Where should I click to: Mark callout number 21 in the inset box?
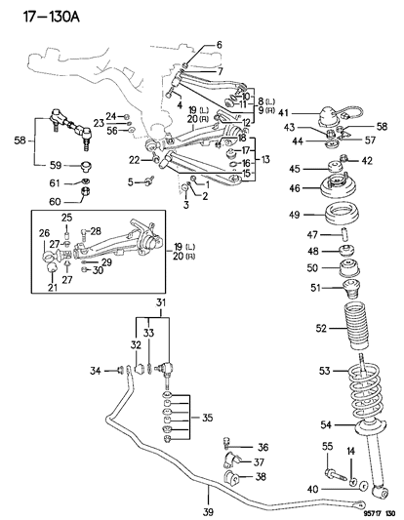tap(51, 289)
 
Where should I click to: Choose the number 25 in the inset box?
tap(66, 218)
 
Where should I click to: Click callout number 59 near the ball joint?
tap(56, 165)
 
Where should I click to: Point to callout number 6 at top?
tap(219, 45)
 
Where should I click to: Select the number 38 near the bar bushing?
tap(260, 476)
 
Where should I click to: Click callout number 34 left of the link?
tap(95, 370)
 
